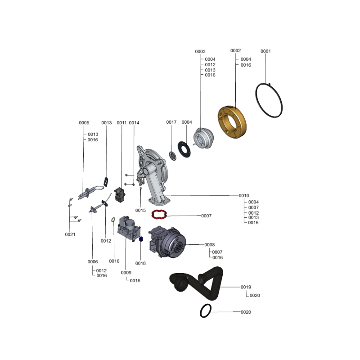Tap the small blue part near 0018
coord(141,239)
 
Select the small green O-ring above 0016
coord(113,220)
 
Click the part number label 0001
coord(265,51)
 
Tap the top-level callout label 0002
coord(235,50)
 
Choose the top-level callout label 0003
coord(200,51)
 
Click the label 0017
coord(171,122)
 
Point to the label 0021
coord(70,234)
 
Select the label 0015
coord(140,210)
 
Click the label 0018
coord(140,263)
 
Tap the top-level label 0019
coord(246,287)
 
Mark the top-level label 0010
coord(243,196)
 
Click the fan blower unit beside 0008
coord(167,242)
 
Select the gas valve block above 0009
coord(129,228)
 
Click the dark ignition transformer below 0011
coord(120,195)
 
